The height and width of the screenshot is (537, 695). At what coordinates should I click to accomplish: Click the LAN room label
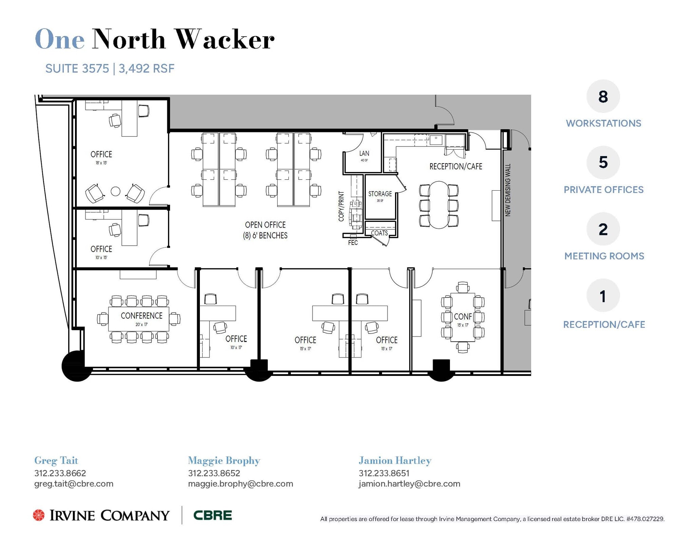364,154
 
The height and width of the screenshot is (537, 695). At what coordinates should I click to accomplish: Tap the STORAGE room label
380,194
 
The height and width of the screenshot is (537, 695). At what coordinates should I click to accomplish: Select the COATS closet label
379,233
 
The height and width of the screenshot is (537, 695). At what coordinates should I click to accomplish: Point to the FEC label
353,243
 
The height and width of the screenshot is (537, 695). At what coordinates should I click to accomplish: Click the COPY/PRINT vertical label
341,206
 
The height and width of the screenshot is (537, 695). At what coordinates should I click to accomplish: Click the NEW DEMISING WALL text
508,190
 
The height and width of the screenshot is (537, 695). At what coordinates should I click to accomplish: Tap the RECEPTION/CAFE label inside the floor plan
455,167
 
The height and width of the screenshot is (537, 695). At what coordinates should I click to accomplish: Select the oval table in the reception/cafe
439,205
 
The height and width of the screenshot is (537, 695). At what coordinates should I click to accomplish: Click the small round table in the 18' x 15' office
115,191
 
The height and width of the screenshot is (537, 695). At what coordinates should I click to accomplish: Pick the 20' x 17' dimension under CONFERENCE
142,324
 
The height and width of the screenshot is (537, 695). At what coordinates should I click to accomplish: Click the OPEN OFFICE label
265,225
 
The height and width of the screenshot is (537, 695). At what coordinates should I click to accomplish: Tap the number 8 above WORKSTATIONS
603,97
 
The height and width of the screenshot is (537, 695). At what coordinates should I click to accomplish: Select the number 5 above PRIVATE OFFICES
603,162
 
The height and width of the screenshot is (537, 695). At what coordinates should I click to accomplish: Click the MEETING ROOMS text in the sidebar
604,256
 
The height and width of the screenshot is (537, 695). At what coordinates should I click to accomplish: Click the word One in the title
60,40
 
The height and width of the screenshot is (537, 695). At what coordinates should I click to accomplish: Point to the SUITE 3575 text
77,69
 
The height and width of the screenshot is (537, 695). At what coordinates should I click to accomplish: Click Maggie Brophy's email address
240,484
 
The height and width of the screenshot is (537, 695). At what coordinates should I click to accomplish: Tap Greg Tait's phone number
60,473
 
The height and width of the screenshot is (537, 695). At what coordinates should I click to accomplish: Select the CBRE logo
212,515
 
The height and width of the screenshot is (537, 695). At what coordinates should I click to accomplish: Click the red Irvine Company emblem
39,515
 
